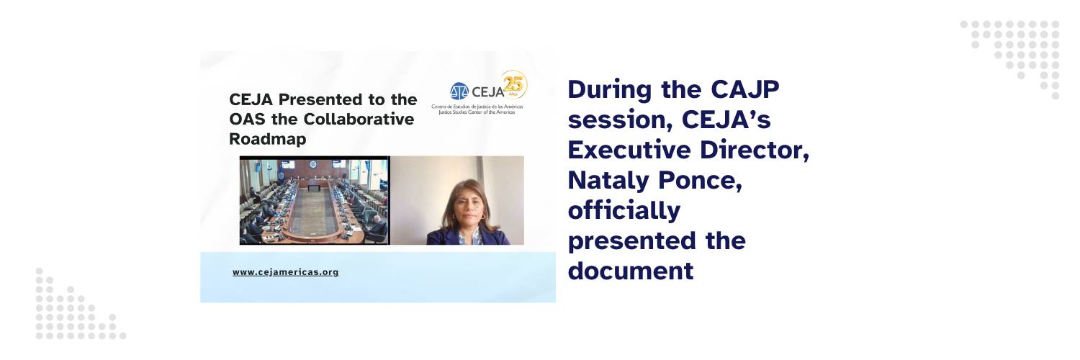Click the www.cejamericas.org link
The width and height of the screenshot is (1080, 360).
click(285, 272)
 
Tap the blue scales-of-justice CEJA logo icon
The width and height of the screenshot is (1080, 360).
click(459, 91)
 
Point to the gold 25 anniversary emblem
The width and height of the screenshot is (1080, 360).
click(513, 84)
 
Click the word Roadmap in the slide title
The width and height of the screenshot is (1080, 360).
click(268, 139)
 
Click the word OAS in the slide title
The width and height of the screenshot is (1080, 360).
click(248, 119)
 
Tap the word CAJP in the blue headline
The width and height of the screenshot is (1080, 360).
click(744, 89)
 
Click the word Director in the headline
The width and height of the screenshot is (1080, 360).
click(754, 150)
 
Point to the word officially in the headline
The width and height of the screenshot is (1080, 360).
click(624, 211)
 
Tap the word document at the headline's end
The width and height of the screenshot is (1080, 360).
click(631, 271)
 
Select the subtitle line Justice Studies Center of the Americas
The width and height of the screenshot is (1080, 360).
click(477, 112)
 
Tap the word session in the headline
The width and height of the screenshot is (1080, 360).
click(620, 120)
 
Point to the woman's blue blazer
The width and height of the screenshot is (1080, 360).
click(468, 236)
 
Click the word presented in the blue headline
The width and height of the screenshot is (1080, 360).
click(632, 241)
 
